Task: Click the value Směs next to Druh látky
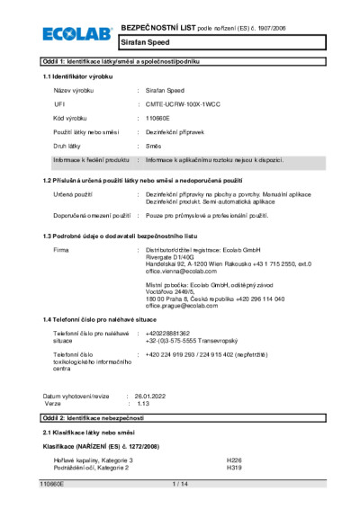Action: point(155,146)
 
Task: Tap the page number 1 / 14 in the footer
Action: point(179,484)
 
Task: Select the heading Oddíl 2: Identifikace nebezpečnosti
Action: point(100,420)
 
